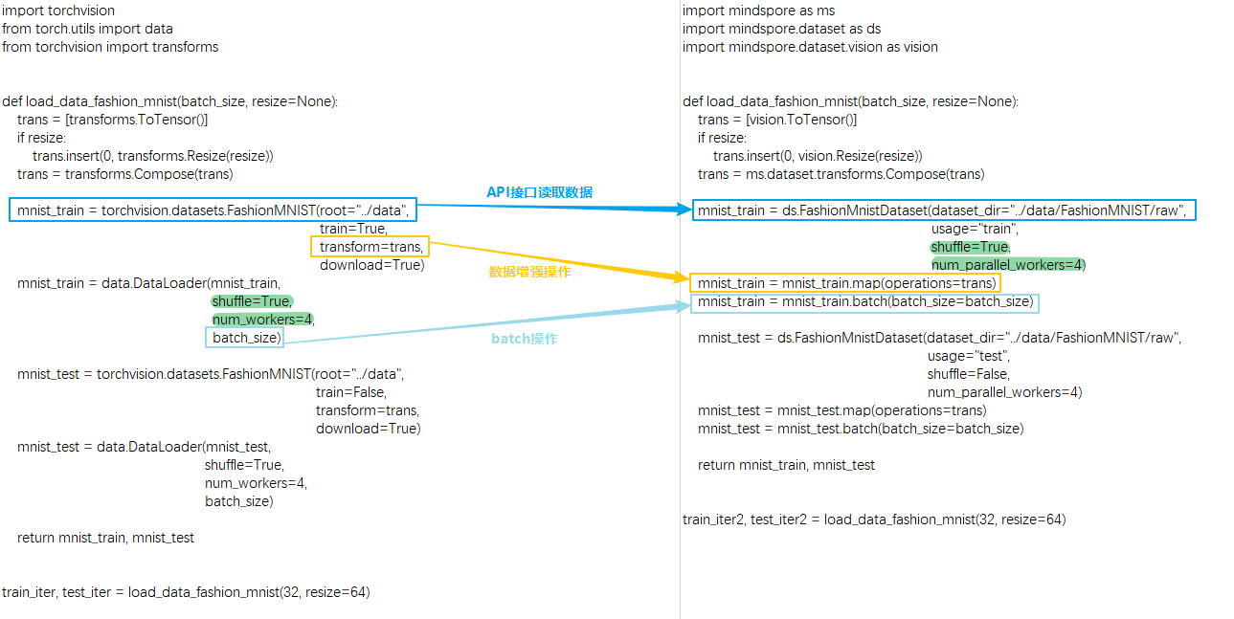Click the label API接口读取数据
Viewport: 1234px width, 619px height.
[539, 192]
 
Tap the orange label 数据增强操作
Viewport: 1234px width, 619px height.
[529, 272]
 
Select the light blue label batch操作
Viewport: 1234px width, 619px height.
[525, 339]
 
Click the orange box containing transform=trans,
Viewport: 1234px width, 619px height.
[370, 247]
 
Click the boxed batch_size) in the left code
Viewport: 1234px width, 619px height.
[245, 338]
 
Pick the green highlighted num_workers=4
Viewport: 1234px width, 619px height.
[263, 320]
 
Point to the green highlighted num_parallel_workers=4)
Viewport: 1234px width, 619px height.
[1008, 265]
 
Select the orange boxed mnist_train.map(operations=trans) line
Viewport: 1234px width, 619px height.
[845, 283]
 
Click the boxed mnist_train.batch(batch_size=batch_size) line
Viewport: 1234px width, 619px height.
[864, 302]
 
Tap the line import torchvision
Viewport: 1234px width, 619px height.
[58, 11]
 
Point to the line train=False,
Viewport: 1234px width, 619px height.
[351, 392]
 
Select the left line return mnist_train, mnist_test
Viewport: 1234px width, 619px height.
[105, 538]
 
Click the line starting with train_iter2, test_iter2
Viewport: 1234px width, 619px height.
[873, 520]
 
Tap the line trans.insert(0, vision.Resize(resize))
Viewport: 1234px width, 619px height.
[817, 156]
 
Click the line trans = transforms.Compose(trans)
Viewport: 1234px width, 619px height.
[124, 174]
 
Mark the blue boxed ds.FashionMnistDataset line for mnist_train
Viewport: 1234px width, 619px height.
[943, 210]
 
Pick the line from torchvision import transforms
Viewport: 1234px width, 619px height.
[110, 47]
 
